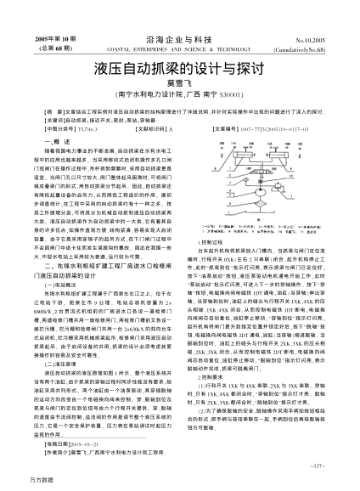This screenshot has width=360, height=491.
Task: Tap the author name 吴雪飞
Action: pos(179,83)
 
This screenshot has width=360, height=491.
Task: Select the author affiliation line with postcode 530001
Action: pos(179,95)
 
